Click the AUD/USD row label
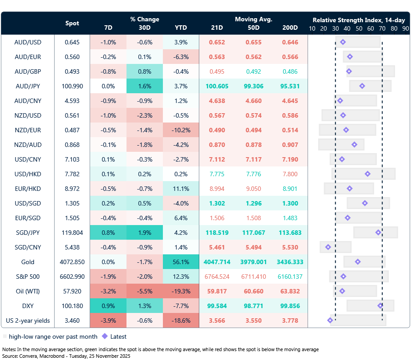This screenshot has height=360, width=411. point(28,42)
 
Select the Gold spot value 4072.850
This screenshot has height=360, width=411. point(72,262)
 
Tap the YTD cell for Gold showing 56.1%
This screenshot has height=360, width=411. point(181,262)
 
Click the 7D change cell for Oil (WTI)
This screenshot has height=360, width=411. point(108,291)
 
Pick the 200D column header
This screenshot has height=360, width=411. point(290,28)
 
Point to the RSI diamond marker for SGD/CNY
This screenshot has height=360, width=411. point(328,247)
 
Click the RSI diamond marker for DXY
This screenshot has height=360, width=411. point(380,305)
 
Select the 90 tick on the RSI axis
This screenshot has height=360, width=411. point(405,28)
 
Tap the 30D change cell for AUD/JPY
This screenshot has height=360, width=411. point(144,86)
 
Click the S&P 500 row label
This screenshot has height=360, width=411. point(28,277)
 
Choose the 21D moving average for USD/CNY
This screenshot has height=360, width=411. point(217,159)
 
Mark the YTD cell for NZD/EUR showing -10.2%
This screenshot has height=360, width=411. point(181,130)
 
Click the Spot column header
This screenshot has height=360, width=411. point(72,23)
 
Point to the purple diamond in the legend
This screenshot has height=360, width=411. point(105,336)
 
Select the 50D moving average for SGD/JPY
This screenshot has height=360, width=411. point(253,233)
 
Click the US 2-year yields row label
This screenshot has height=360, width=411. point(28,320)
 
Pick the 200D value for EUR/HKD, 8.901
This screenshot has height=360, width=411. point(290,189)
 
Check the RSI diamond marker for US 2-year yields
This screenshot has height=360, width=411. point(330,320)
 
